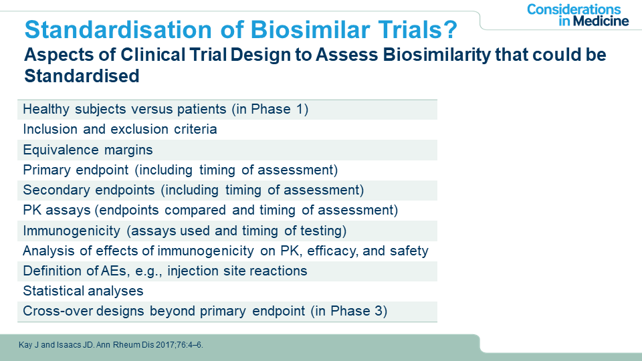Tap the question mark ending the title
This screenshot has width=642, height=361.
pyautogui.click(x=451, y=29)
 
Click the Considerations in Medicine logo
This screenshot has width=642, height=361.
pyautogui.click(x=578, y=15)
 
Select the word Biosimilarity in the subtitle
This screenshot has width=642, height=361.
pyautogui.click(x=437, y=55)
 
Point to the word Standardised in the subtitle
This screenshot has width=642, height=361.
pyautogui.click(x=82, y=76)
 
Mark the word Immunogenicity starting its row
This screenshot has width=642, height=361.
pyautogui.click(x=72, y=231)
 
